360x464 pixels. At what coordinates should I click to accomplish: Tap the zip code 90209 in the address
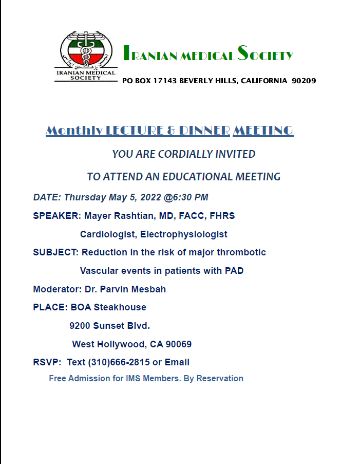[304, 81]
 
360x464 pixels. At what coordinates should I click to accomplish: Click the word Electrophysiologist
[183, 234]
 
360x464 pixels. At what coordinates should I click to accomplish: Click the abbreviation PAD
[234, 271]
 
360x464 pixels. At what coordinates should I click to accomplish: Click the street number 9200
[80, 326]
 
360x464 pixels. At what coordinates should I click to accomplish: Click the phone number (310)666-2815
[119, 362]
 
